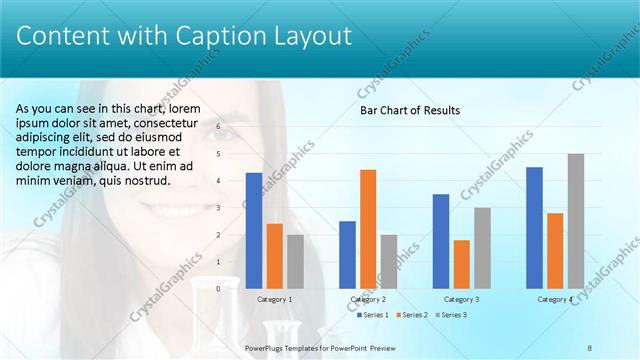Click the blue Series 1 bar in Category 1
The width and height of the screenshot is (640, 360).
coord(254,230)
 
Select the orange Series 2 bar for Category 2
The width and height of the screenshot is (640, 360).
coord(368,228)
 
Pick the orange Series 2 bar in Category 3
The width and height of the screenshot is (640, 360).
coord(461,263)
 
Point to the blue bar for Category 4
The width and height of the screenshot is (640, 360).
coord(534,227)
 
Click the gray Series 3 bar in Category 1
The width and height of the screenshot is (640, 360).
coord(295,261)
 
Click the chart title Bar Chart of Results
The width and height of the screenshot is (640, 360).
coord(410,110)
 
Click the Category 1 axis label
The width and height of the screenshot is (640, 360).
coord(275,299)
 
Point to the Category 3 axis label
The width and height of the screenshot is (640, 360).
coord(461,299)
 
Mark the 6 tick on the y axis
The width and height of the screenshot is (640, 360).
coord(218,128)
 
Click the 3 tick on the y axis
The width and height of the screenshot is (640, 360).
coord(218,208)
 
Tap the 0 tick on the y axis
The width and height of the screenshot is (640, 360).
coord(218,288)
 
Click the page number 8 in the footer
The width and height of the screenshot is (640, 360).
coord(590,347)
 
